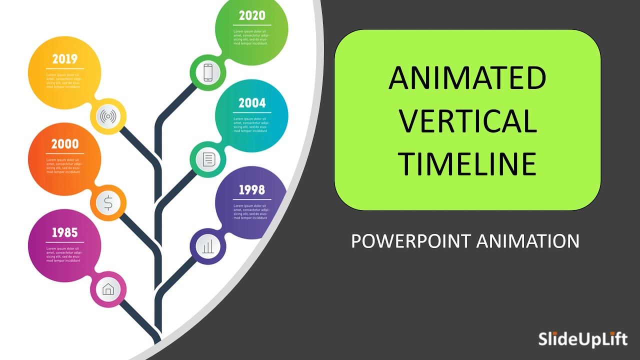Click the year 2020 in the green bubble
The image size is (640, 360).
click(x=251, y=16)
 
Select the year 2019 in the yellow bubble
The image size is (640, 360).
click(x=65, y=59)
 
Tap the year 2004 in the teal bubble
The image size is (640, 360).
click(x=252, y=103)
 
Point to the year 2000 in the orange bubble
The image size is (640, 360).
click(x=65, y=144)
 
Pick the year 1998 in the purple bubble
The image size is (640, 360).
click(x=252, y=190)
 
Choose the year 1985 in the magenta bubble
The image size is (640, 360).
click(x=65, y=232)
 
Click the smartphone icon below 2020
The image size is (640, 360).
click(x=208, y=72)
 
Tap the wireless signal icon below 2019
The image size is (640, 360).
click(x=108, y=117)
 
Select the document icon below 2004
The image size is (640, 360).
click(x=208, y=160)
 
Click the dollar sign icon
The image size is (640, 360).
click(x=108, y=203)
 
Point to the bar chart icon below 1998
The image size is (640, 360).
click(x=208, y=246)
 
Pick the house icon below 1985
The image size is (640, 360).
click(x=108, y=289)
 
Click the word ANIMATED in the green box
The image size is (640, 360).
click(x=467, y=78)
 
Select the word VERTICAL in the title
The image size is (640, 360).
click(x=467, y=121)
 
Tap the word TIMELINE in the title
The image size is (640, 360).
click(x=467, y=164)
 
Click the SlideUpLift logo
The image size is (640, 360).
click(x=582, y=339)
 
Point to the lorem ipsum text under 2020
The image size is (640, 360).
click(x=250, y=37)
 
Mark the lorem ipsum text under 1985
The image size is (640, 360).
click(x=63, y=254)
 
